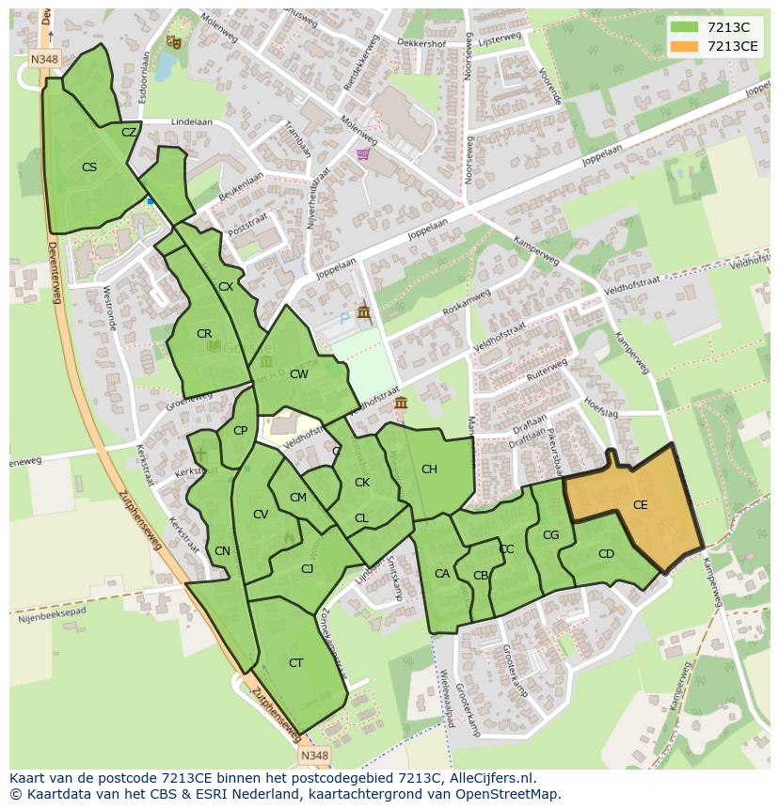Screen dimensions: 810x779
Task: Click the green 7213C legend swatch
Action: click(x=684, y=27)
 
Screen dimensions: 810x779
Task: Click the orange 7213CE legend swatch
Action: click(x=684, y=46)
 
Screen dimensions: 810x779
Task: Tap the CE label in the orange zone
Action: click(x=640, y=505)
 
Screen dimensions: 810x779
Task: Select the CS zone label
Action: click(x=89, y=167)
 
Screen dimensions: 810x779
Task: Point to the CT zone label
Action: click(x=295, y=663)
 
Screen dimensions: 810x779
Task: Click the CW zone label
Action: click(x=298, y=374)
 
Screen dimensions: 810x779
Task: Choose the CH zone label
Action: click(x=429, y=469)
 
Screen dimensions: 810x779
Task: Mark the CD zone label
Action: click(x=606, y=554)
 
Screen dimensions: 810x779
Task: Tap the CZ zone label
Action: click(x=129, y=133)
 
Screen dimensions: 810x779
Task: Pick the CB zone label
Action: click(x=481, y=576)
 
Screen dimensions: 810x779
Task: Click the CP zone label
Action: click(x=240, y=431)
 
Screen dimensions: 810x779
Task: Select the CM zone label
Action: click(x=297, y=498)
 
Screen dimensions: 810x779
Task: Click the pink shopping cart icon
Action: click(x=363, y=154)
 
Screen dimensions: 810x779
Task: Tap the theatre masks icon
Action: click(x=172, y=41)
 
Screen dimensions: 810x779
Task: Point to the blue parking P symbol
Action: click(x=344, y=319)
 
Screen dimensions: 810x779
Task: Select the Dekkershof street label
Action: click(x=420, y=42)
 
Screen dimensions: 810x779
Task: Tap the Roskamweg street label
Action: click(x=467, y=308)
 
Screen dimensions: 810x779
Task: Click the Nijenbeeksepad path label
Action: click(x=52, y=616)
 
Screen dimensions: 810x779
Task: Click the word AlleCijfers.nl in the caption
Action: click(x=489, y=778)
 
